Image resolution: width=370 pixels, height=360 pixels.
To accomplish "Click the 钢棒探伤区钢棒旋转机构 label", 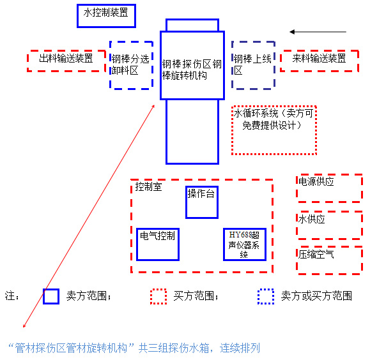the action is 192,70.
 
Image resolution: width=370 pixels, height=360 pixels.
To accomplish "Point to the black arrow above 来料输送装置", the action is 318,31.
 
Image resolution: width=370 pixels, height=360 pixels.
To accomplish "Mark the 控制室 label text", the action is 148,187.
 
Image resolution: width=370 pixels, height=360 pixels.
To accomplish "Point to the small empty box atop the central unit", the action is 192,20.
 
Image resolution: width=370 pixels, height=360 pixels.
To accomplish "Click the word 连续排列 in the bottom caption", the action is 240,348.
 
